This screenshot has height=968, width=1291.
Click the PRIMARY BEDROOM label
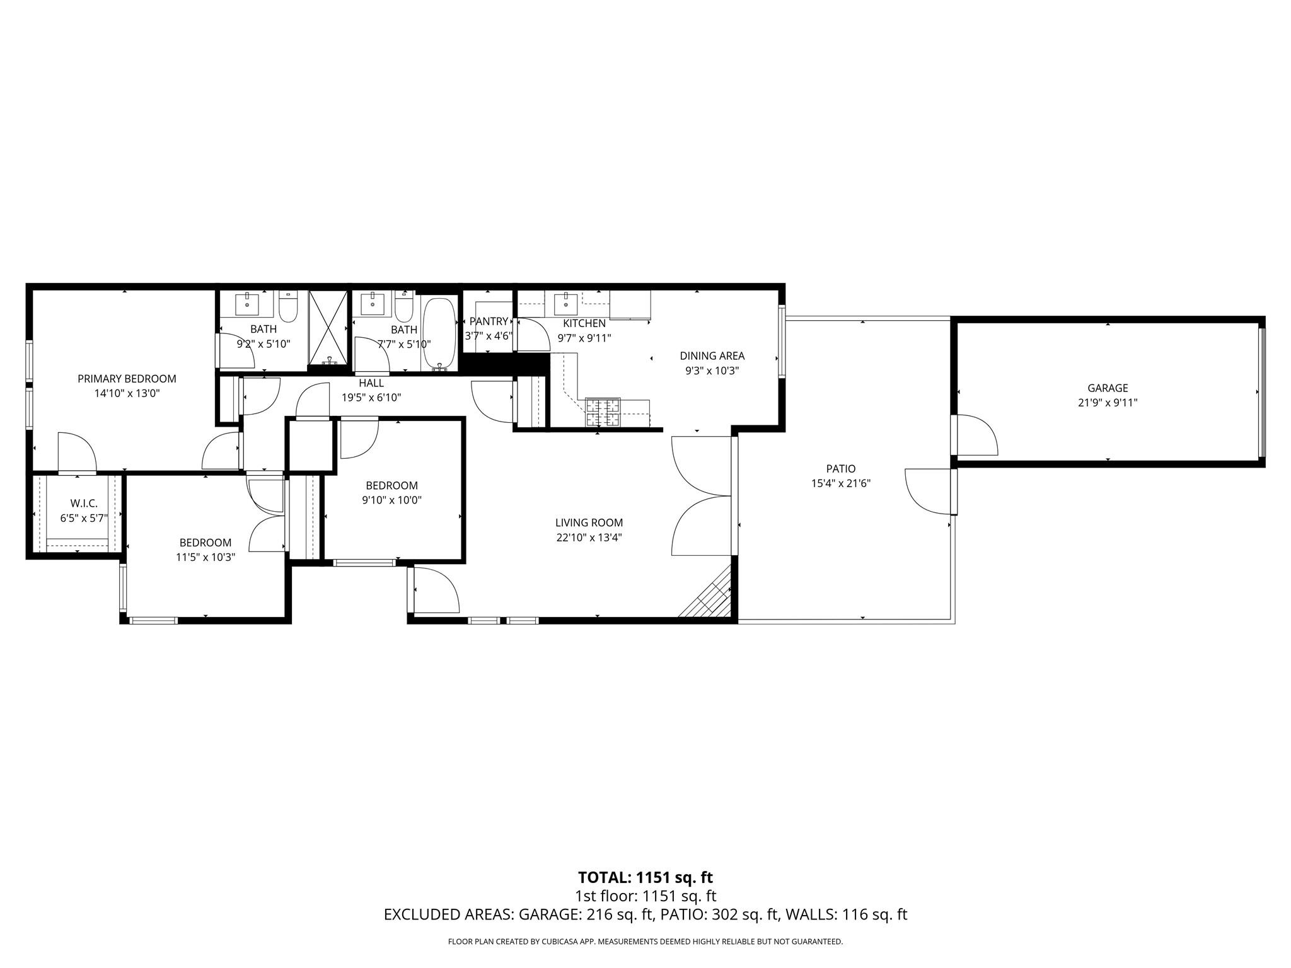(127, 379)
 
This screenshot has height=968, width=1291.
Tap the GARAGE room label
(1107, 388)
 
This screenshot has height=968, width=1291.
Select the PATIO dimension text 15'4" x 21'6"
(841, 483)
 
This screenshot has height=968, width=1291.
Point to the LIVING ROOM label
(589, 522)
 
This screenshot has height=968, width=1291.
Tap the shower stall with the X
(328, 328)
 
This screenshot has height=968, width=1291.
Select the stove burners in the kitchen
(603, 413)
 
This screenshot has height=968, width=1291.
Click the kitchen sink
(565, 304)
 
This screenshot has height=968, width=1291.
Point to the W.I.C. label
(84, 504)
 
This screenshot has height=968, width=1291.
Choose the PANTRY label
(489, 321)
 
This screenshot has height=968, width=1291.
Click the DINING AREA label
(712, 356)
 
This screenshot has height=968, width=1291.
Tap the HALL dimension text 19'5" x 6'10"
(371, 398)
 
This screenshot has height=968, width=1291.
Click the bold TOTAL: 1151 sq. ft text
(645, 877)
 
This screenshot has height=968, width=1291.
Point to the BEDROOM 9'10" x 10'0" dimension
(391, 500)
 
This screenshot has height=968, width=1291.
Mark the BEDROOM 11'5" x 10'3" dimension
(206, 557)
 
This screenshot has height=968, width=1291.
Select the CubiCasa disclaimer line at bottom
(645, 942)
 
